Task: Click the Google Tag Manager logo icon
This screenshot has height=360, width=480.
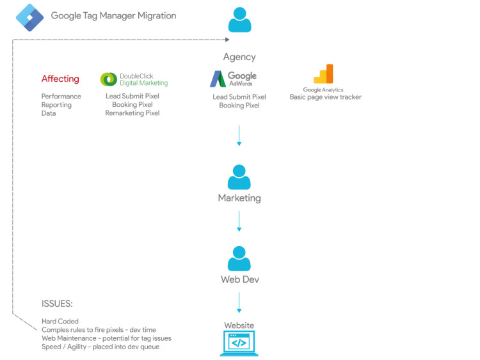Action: (29, 16)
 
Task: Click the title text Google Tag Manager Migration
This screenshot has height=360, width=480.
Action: (113, 16)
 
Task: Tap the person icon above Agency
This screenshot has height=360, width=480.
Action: (239, 20)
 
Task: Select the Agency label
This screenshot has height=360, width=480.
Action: (239, 57)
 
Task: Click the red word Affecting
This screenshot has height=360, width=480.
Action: (60, 79)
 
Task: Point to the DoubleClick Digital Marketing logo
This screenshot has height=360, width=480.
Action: (134, 79)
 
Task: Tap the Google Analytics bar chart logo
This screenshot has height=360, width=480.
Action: (323, 74)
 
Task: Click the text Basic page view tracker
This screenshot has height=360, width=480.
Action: (325, 97)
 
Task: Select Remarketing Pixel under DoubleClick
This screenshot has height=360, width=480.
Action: (132, 113)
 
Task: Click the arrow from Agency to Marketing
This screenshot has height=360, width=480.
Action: (239, 135)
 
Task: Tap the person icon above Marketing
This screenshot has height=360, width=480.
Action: (239, 176)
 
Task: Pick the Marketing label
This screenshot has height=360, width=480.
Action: (239, 198)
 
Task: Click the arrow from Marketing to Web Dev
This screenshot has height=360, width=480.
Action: (239, 221)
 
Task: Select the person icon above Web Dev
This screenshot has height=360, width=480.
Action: (239, 258)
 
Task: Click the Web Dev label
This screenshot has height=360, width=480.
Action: (239, 279)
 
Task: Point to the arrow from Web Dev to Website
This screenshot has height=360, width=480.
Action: (239, 302)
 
